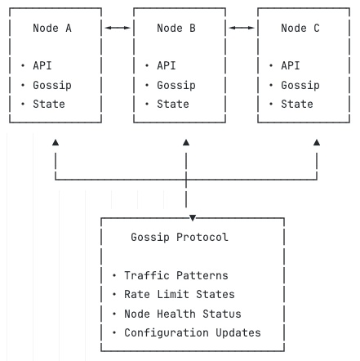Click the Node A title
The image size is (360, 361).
point(52,28)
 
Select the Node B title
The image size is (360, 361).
point(176,28)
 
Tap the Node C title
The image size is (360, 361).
point(300,28)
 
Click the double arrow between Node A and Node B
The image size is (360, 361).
point(118,28)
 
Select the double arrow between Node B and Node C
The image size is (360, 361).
point(242,28)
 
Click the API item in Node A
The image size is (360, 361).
point(42,65)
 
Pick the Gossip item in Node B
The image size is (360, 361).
point(176,85)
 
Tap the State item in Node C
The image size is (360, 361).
point(297,104)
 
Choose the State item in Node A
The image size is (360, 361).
point(49,104)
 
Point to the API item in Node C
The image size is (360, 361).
point(291,65)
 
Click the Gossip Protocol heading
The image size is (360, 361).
point(180,237)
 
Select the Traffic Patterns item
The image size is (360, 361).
point(176,275)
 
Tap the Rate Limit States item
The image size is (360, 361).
point(180,294)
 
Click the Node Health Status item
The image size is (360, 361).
point(183,314)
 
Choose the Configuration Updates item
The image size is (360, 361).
point(193,332)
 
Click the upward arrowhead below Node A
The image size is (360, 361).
point(56,142)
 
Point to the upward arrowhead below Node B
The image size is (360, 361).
point(186,142)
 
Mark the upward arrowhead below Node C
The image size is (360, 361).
point(317,142)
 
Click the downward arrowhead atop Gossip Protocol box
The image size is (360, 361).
point(193,217)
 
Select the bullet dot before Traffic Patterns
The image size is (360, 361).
point(114,275)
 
